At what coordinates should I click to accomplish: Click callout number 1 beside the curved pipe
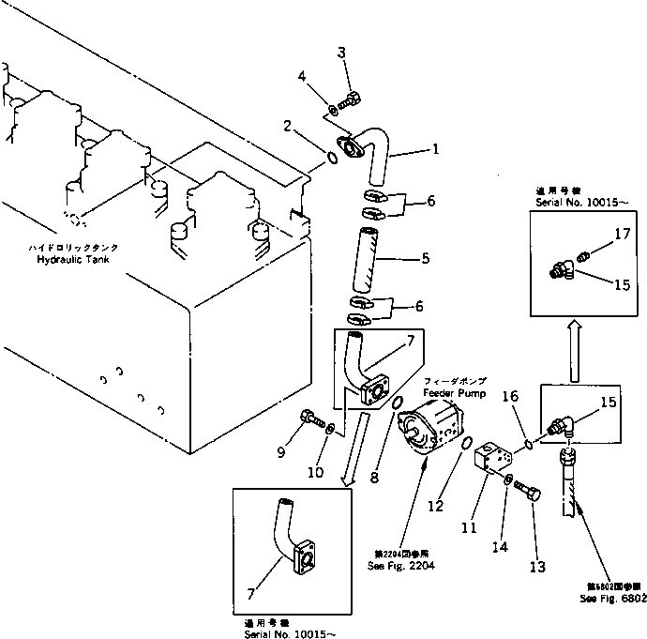point(434,148)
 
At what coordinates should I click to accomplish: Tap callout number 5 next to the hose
point(425,257)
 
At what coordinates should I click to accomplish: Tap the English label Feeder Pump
point(455,393)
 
